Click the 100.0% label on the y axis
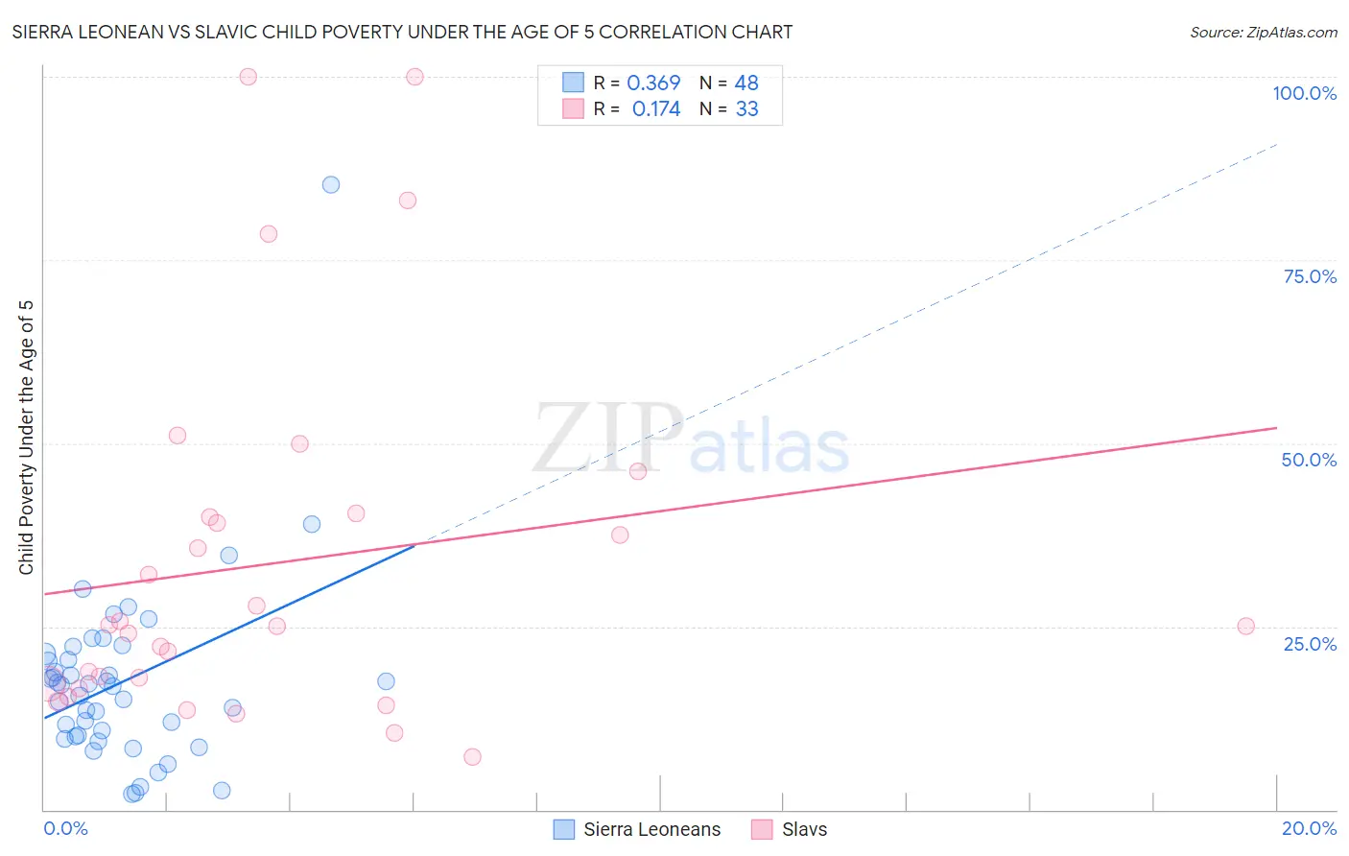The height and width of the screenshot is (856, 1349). point(1304,93)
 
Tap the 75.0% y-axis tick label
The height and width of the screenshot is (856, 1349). point(1310,276)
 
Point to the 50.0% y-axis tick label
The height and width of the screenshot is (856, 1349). point(1309,460)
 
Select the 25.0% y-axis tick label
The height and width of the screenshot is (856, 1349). point(1310,644)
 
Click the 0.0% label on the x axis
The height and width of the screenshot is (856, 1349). point(65,828)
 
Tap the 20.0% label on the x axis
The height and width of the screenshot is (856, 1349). point(1309,828)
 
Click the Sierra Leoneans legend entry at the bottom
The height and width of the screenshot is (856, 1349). point(651,830)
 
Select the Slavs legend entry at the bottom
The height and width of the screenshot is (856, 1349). point(804,830)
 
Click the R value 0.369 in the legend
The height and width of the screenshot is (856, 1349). point(653,83)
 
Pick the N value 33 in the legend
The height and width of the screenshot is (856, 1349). point(746,109)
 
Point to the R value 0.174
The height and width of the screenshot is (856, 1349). point(656,109)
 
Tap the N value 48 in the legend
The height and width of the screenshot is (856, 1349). point(746,83)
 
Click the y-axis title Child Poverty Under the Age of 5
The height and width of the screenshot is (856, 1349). point(27,437)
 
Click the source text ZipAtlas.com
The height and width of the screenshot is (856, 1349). point(1263,33)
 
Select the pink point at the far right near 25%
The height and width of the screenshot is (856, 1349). point(1245,627)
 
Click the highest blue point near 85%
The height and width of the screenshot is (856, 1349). point(331,185)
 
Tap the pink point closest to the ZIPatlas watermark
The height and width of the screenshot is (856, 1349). point(638,471)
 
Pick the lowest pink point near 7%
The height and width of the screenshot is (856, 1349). point(472,757)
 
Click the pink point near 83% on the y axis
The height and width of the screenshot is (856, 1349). point(408,201)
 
